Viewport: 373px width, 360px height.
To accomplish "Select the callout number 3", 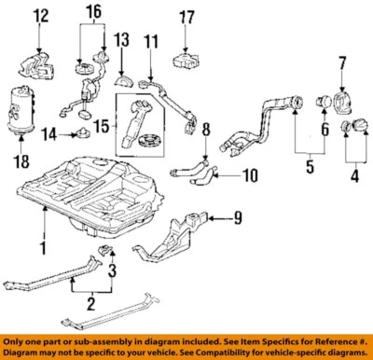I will pos(111,272).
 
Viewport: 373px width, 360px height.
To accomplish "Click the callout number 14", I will pos(52,134).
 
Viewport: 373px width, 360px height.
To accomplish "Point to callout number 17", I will pos(188,16).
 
